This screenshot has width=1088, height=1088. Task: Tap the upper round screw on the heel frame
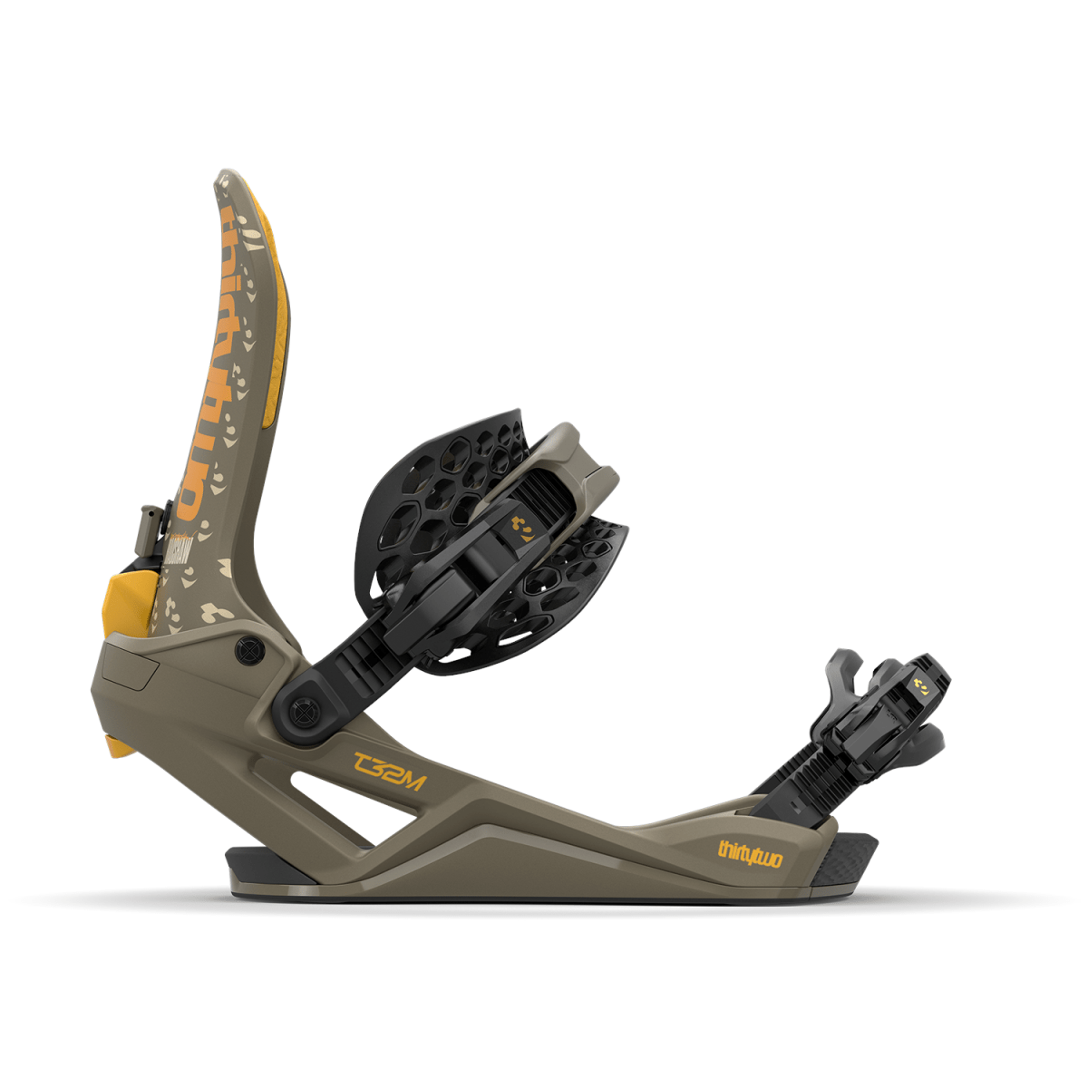point(247,649)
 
